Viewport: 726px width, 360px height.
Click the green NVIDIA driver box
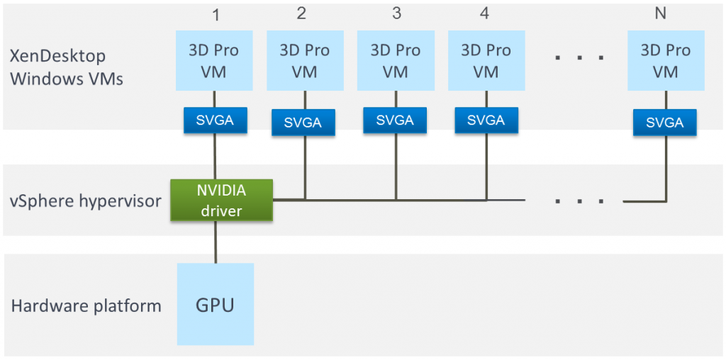222,200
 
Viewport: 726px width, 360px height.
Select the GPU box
215,305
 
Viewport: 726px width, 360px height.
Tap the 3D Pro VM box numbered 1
213,60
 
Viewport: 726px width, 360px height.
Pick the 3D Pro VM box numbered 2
304,60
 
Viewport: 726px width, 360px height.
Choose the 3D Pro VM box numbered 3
395,60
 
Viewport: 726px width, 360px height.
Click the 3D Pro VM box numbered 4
486,60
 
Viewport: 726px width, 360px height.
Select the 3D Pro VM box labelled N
665,60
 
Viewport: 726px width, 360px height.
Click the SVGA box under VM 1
215,120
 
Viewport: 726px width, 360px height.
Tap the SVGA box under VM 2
303,123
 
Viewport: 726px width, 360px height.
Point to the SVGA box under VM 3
395,120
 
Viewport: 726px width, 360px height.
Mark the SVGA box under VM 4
486,120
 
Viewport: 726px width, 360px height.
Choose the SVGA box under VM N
665,123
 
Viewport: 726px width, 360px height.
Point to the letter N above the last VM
660,13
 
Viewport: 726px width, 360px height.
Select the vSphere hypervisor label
86,201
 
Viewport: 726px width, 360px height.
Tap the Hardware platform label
86,306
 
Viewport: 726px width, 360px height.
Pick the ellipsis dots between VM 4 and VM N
580,56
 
